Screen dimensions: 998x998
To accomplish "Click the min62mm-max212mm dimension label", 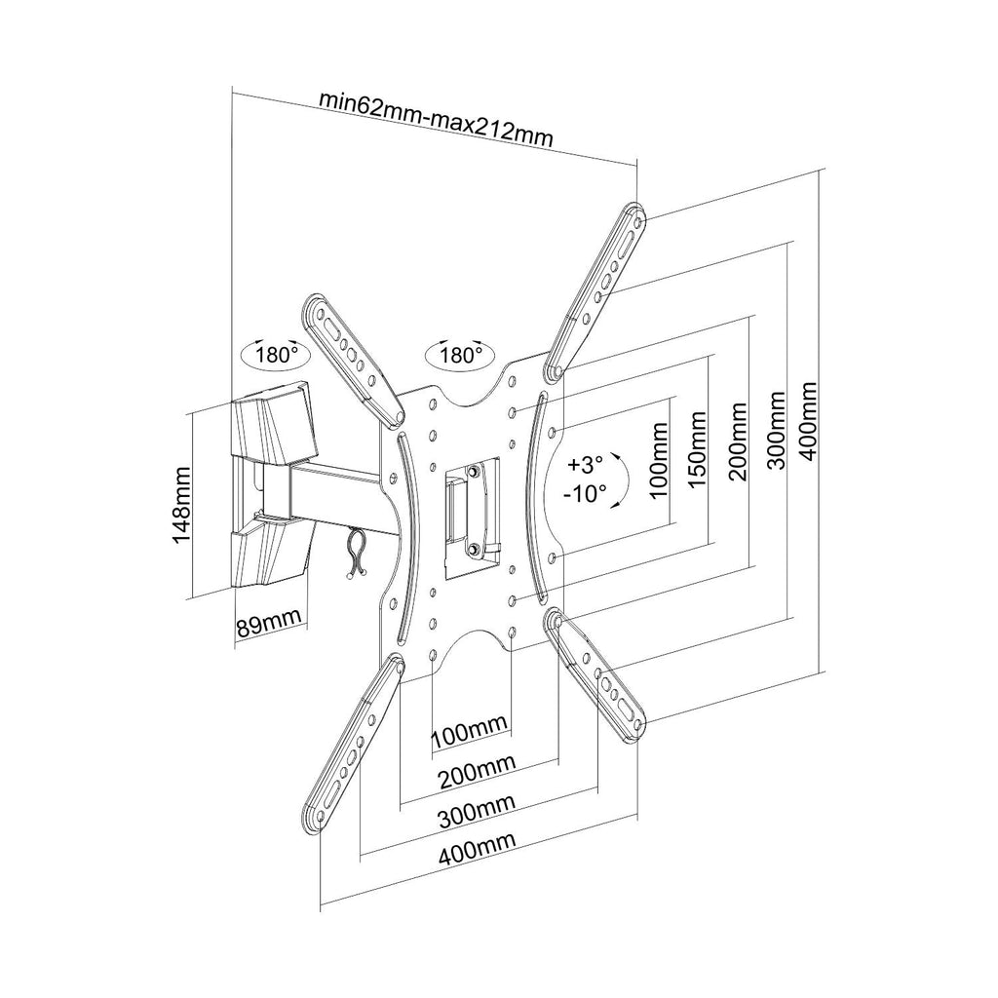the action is [436, 119].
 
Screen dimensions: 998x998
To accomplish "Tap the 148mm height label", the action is [182, 505].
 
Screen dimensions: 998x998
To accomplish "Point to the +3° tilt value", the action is [586, 464].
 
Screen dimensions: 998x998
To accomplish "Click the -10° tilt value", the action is [586, 493].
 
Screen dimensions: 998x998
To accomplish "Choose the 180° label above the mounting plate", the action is [461, 354].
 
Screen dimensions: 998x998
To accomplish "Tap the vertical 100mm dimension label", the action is [660, 460].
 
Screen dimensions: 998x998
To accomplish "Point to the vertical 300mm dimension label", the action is [777, 431].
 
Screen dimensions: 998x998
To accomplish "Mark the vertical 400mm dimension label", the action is [809, 421].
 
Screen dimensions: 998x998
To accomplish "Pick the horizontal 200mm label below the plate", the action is [476, 770].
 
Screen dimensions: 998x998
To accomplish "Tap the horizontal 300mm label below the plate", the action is [476, 809].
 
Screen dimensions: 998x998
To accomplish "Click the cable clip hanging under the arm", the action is [357, 555].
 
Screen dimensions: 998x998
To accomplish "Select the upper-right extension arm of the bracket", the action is [595, 290].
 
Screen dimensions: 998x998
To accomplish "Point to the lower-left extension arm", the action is [353, 742].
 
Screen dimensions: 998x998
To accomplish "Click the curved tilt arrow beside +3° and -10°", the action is [627, 480].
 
